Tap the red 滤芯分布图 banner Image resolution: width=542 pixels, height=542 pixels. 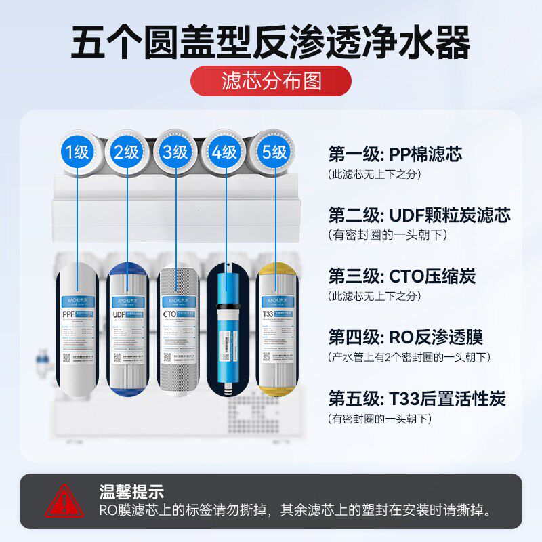pos(271,81)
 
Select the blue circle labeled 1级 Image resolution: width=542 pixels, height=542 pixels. pos(78,152)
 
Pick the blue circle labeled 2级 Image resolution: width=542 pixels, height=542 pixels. pos(127,152)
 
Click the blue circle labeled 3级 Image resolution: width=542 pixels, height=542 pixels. pos(175,152)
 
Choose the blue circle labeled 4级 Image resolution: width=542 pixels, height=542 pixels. pos(224,152)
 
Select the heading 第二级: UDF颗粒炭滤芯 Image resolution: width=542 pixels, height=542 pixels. pos(419,215)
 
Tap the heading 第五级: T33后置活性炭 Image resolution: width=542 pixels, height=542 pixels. pos(417,398)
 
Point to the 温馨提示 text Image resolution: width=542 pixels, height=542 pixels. pos(121,491)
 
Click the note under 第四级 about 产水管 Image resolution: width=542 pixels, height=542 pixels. pos(409,357)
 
